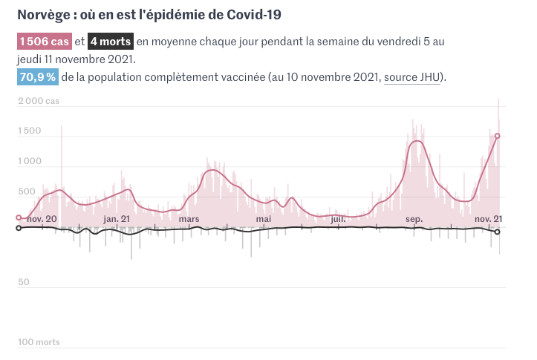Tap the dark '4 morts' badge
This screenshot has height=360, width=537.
click(x=111, y=42)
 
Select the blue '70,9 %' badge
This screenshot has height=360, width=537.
click(x=38, y=77)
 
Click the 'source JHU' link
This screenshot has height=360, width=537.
click(x=412, y=77)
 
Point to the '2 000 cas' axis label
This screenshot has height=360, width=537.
click(x=39, y=101)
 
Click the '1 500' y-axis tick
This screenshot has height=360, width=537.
click(x=29, y=131)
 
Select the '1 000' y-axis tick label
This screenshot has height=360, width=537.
click(x=29, y=162)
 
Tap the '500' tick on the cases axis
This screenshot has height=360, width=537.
click(x=26, y=192)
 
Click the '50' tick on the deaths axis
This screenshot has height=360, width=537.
click(x=23, y=282)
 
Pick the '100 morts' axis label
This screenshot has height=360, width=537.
click(x=39, y=342)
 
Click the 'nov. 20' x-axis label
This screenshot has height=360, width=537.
click(x=42, y=218)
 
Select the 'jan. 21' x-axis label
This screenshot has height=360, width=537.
click(x=117, y=218)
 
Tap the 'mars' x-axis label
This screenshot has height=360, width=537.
click(x=189, y=218)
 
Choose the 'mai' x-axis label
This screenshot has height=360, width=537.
click(x=264, y=218)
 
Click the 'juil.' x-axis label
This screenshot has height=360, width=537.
click(x=338, y=218)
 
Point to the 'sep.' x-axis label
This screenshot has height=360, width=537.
click(x=414, y=218)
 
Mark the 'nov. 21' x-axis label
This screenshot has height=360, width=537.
click(x=488, y=218)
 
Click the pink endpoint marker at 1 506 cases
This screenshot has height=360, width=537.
click(x=498, y=136)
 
